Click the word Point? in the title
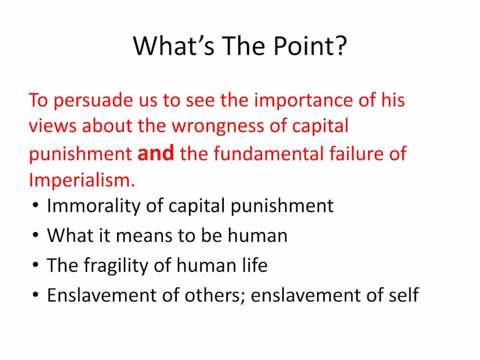tap(310, 46)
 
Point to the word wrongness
tap(217, 126)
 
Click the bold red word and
tap(156, 152)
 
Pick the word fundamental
tap(268, 153)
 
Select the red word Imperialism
tap(82, 180)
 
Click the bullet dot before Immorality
tap(35, 205)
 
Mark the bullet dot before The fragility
tap(35, 265)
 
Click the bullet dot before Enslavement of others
tap(35, 295)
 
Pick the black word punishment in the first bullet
tap(282, 206)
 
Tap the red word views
tap(52, 126)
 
